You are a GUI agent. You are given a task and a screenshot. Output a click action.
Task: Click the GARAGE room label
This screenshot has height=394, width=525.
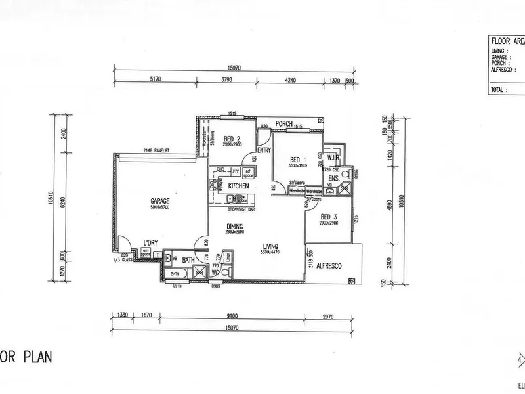159,201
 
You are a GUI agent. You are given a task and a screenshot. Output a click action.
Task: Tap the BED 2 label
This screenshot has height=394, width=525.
231,139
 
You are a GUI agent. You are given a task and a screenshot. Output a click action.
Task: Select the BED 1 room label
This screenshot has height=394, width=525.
299,160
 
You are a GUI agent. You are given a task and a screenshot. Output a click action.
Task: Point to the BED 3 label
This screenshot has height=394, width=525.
329,217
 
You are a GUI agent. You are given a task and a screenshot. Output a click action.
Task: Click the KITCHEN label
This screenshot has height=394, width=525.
238,186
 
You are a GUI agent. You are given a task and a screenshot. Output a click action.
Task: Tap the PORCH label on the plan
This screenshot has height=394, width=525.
283,123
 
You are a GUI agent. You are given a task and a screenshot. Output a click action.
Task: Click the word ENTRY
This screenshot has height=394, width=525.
264,150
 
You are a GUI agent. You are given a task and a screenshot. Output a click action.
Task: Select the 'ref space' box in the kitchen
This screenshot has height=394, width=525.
248,175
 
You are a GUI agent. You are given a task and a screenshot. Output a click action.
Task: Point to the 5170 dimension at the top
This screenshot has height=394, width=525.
155,80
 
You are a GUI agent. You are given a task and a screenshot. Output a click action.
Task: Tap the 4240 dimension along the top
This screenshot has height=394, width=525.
290,80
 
